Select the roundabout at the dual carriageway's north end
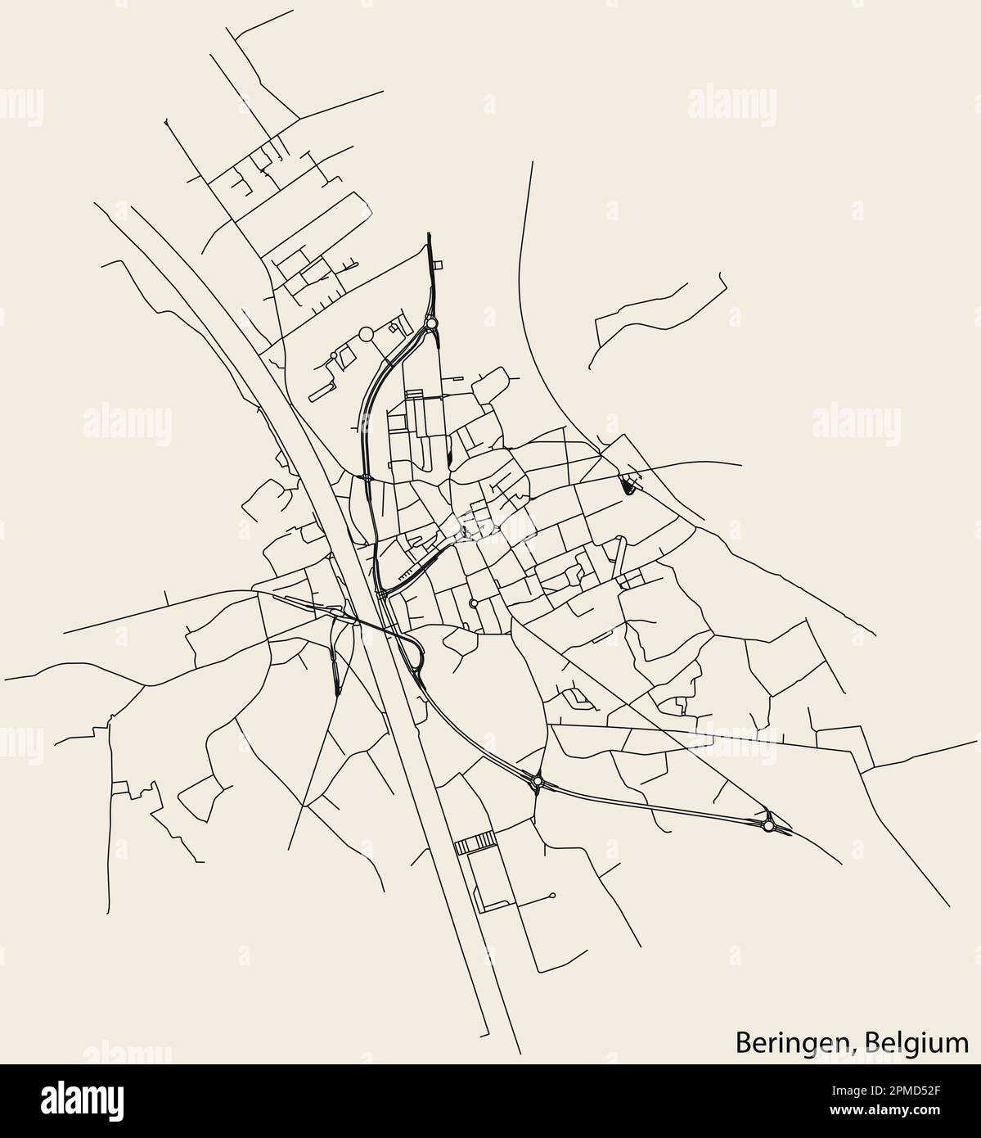tap(431, 324)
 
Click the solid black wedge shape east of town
tap(628, 486)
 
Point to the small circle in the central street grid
tap(474, 603)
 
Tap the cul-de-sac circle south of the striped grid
tap(554, 895)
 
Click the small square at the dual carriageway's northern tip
tap(438, 264)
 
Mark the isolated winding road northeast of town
tap(655, 311)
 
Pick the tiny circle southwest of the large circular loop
tap(332, 354)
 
